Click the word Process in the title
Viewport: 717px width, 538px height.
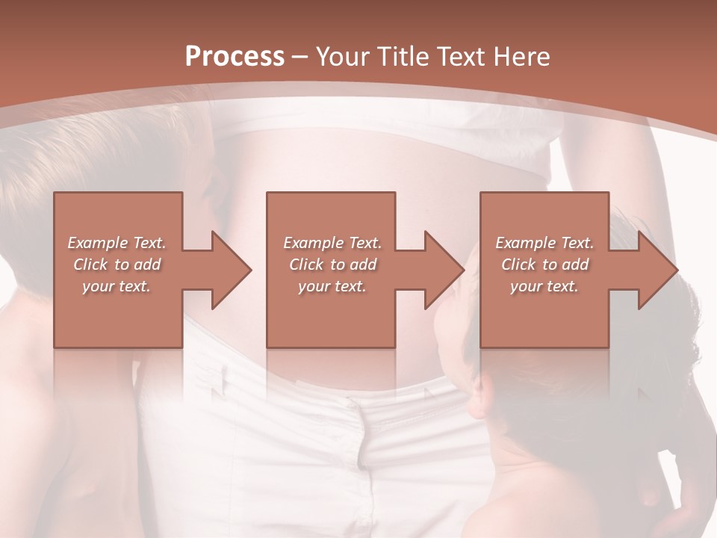235,57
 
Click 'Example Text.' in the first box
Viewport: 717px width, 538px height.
117,243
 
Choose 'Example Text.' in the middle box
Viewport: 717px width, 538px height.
332,243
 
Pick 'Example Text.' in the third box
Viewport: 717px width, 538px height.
544,243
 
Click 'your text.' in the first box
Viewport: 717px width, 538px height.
117,286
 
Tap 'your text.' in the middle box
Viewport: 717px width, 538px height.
332,286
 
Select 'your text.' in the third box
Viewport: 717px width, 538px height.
544,286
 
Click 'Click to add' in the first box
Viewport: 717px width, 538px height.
117,265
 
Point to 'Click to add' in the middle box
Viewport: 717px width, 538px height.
332,265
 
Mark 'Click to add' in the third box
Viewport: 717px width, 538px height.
544,265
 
